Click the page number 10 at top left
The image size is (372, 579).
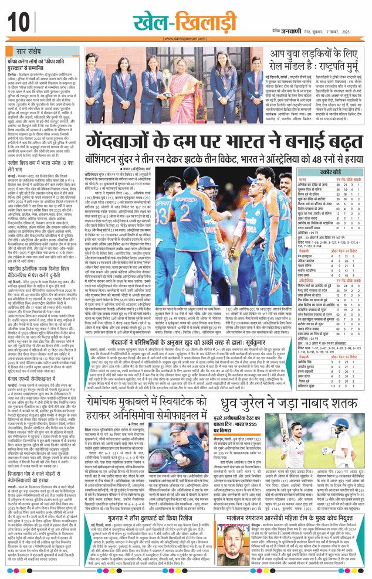16,22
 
